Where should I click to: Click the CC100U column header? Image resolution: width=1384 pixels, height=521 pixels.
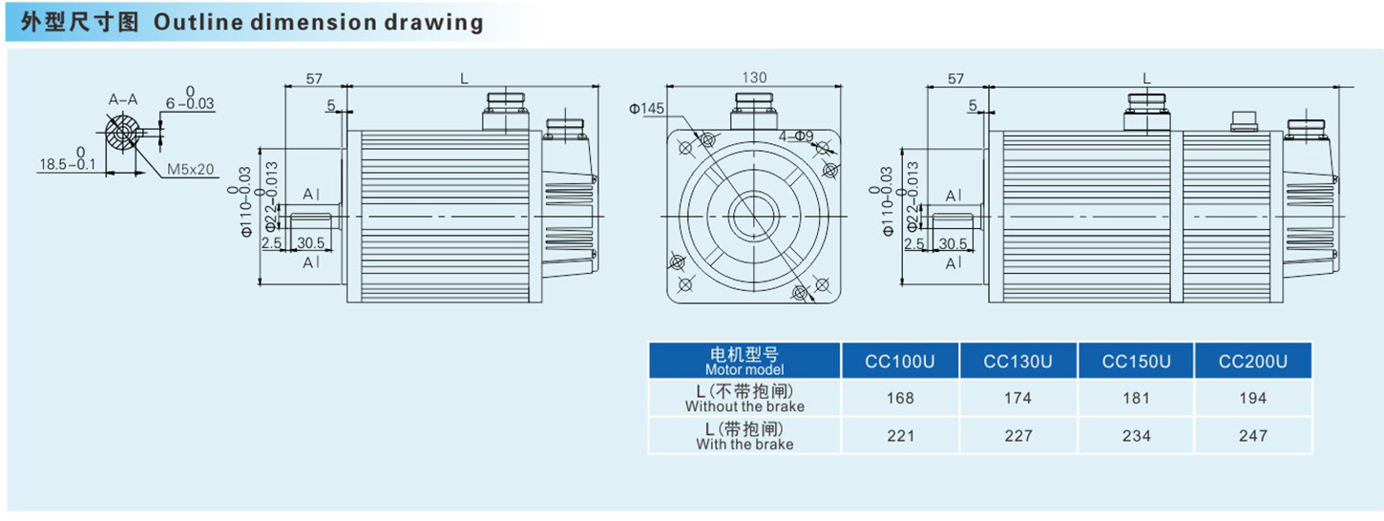899,362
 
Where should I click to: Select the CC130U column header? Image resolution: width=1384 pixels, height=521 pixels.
1017,362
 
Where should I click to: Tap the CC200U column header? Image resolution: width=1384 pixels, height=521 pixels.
1252,362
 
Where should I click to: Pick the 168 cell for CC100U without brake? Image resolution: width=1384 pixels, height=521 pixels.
899,398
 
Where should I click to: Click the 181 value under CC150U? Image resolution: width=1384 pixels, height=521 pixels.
1136,398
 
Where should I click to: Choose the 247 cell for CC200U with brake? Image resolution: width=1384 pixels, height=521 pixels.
1252,435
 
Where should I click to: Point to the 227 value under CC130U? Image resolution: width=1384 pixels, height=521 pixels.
1017,435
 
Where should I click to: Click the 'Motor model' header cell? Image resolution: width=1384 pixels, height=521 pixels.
744,362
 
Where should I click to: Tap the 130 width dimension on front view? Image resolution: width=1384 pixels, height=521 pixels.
754,77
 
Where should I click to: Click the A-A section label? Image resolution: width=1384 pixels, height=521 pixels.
122,98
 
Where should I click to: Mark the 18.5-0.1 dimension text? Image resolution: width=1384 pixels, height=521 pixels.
67,164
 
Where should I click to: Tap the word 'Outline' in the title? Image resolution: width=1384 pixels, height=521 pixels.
190,21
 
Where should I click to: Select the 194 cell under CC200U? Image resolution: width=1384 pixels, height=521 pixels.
1252,398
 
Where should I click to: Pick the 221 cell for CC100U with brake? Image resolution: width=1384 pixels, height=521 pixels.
899,435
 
